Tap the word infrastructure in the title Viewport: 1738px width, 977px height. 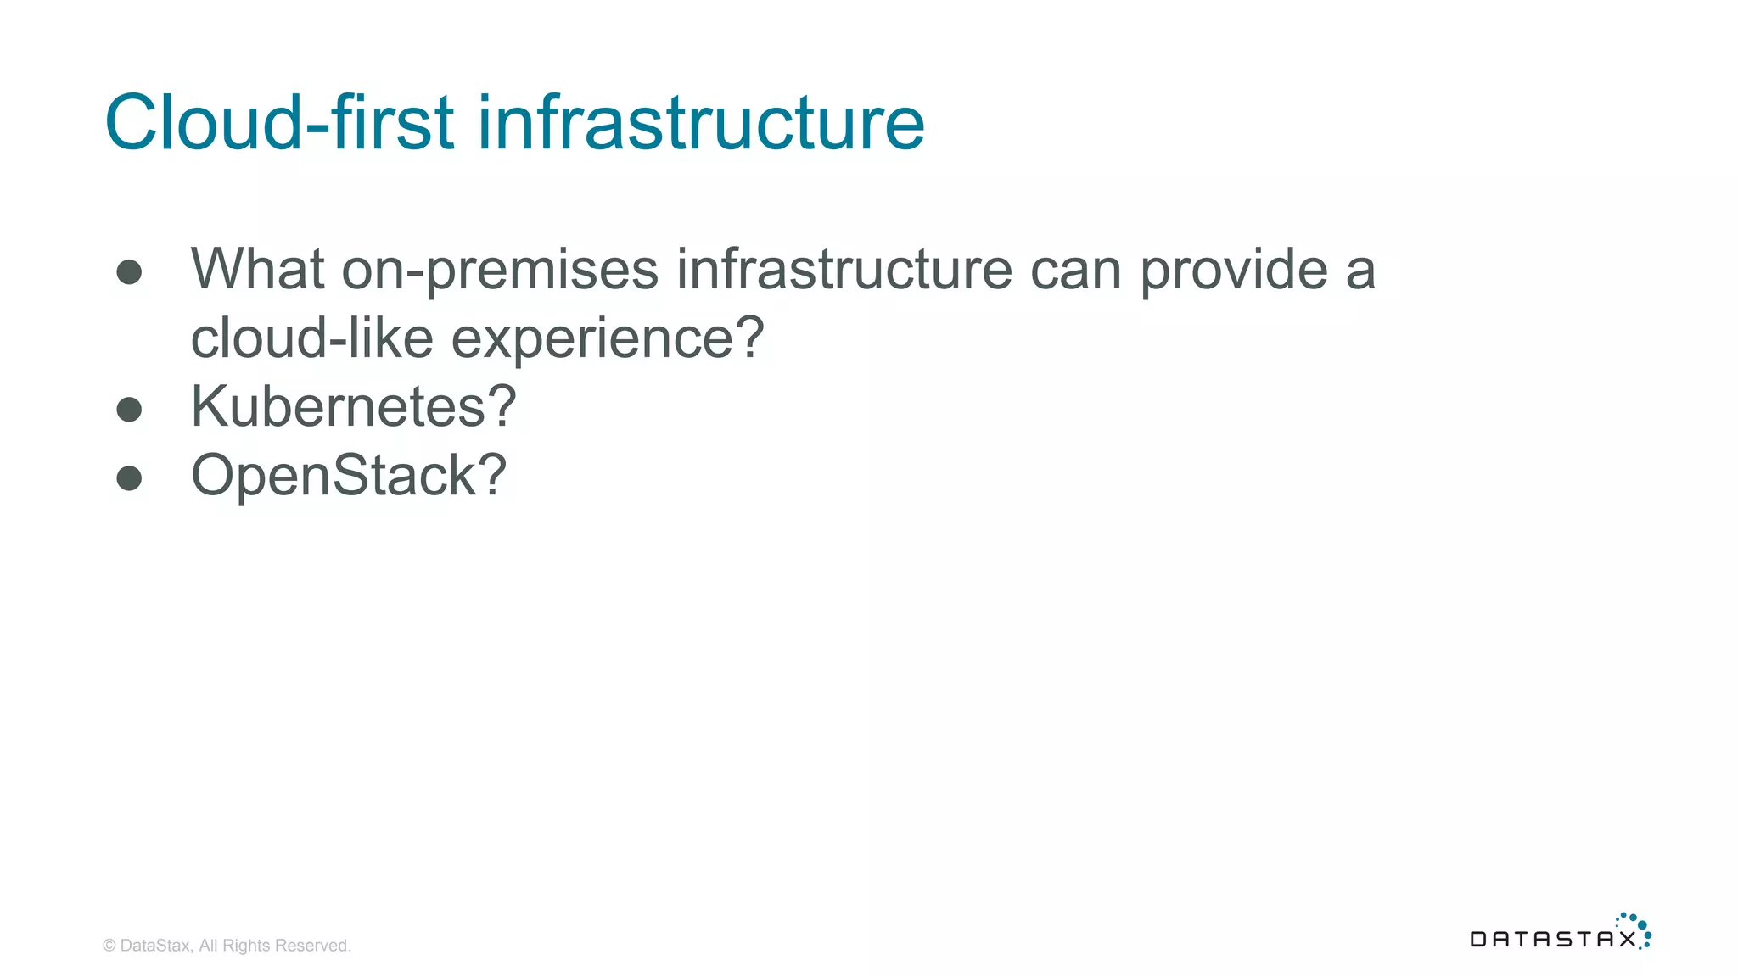click(700, 123)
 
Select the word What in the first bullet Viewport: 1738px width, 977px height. click(258, 270)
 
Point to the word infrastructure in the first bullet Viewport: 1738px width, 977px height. click(844, 270)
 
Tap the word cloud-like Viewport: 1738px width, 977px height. click(311, 338)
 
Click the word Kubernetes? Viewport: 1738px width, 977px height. click(353, 407)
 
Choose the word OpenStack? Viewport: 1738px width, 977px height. click(349, 476)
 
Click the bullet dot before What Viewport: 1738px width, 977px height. click(129, 272)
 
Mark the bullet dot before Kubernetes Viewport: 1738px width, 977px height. click(129, 410)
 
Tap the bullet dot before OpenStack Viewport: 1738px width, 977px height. click(129, 478)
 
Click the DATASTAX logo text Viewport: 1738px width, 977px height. click(1552, 939)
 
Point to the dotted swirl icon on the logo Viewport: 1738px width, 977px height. click(1637, 928)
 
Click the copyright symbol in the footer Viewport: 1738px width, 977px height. click(109, 946)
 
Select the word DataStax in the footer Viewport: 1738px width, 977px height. click(155, 946)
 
